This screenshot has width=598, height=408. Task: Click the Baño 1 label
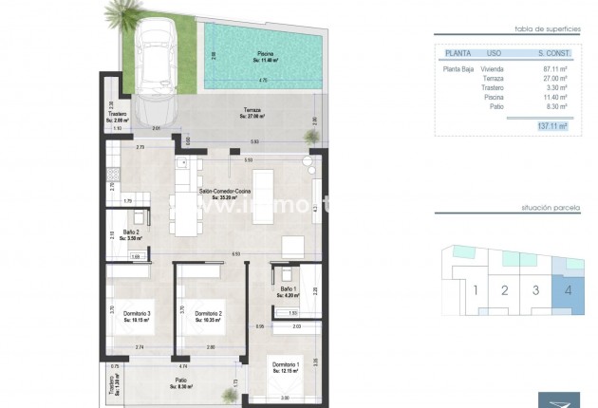click(x=290, y=291)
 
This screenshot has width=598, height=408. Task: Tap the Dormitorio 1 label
click(x=286, y=367)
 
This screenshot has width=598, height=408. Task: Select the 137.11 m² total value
click(x=551, y=125)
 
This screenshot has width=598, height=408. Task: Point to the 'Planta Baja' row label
click(x=459, y=69)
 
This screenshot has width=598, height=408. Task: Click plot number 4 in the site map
click(x=567, y=290)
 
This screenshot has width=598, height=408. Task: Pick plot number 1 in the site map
click(x=476, y=290)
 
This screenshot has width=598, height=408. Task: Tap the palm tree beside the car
click(x=123, y=15)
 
